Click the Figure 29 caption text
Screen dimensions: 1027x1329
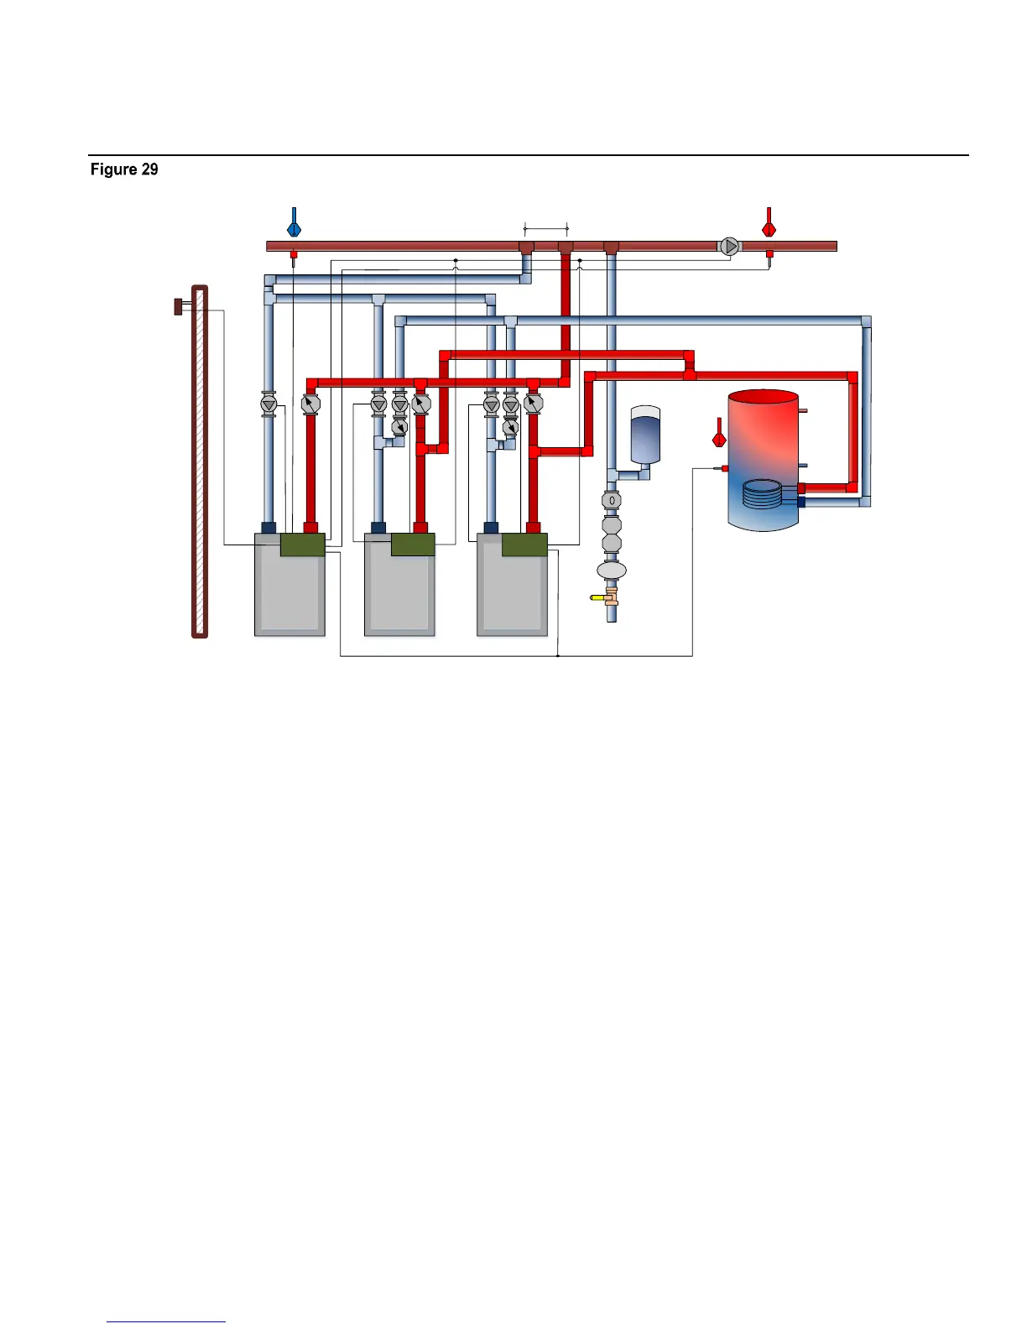pos(124,169)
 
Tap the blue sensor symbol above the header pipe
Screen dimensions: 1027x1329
pos(295,222)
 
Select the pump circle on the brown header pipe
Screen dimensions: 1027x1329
pos(729,247)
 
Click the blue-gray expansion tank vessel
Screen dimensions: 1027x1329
pos(645,435)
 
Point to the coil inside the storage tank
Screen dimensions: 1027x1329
pos(762,493)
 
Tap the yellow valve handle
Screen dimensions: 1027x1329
pos(597,597)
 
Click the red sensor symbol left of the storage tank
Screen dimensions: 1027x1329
pos(719,433)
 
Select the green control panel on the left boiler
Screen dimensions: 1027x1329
pos(303,545)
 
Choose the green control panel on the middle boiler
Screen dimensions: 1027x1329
pos(413,545)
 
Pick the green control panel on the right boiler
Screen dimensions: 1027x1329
pos(524,545)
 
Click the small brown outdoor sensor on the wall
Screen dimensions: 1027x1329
pos(179,306)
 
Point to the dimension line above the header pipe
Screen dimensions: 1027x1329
pos(546,229)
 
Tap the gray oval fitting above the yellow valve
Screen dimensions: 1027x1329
pos(612,570)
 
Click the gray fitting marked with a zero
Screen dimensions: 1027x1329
pos(612,500)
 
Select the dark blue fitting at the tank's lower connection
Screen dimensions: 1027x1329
pos(801,502)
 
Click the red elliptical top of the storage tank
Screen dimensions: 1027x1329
pos(764,397)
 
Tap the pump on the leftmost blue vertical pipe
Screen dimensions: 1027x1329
pos(268,404)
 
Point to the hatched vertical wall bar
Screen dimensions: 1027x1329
pos(200,461)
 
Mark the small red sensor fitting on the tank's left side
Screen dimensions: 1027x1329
pos(725,468)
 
